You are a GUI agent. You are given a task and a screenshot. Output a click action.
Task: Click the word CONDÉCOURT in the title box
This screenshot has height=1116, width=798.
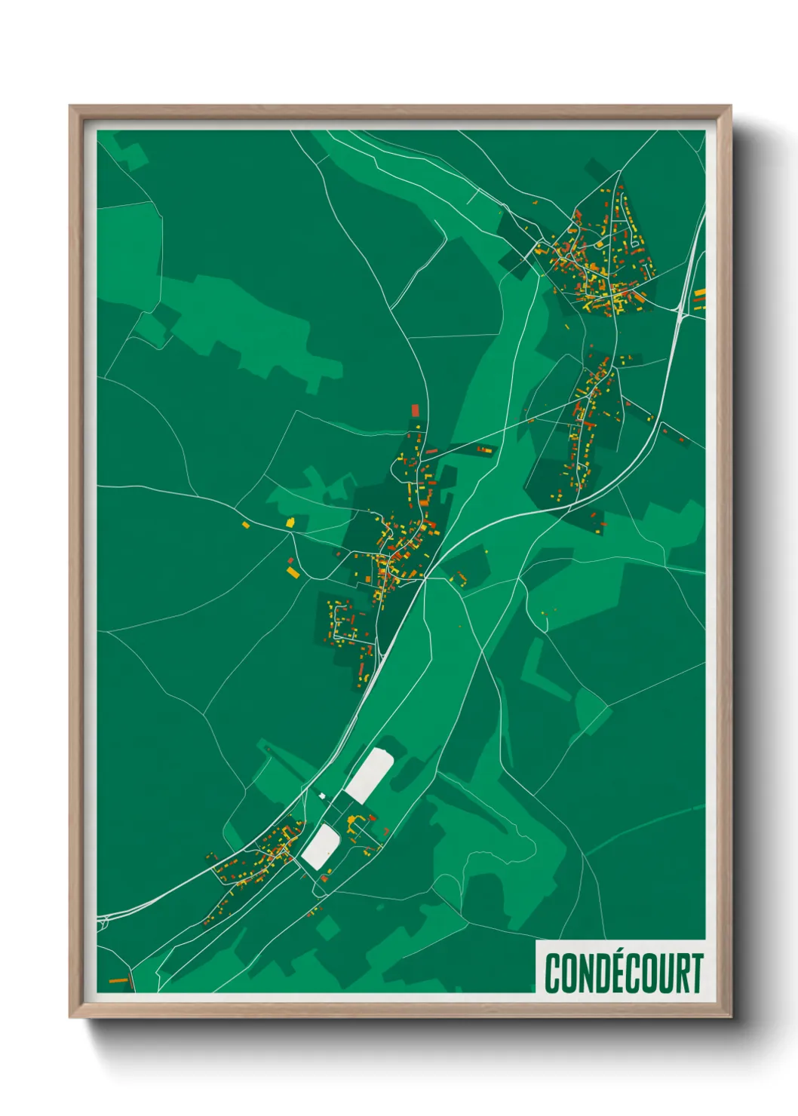623,973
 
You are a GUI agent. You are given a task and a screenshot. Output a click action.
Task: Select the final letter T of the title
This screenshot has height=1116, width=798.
696,973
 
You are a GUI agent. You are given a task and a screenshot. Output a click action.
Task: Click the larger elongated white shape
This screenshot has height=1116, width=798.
369,776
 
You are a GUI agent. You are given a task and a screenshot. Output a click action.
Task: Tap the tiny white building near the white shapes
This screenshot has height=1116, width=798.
322,796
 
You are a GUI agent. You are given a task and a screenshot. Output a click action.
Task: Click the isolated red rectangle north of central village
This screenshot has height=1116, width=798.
414,410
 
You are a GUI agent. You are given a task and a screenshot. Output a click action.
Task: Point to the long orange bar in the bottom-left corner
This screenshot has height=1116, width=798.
118,980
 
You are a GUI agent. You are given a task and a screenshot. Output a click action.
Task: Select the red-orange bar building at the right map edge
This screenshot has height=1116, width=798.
699,293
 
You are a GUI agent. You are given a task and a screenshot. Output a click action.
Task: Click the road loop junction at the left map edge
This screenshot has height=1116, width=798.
103,919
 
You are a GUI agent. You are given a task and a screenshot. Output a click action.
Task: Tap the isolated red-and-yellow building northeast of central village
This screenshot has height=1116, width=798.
484,450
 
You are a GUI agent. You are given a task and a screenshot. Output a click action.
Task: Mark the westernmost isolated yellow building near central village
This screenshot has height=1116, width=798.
245,524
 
